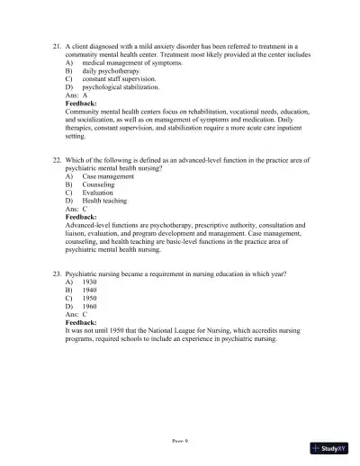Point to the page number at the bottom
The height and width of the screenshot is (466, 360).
(x=180, y=441)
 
